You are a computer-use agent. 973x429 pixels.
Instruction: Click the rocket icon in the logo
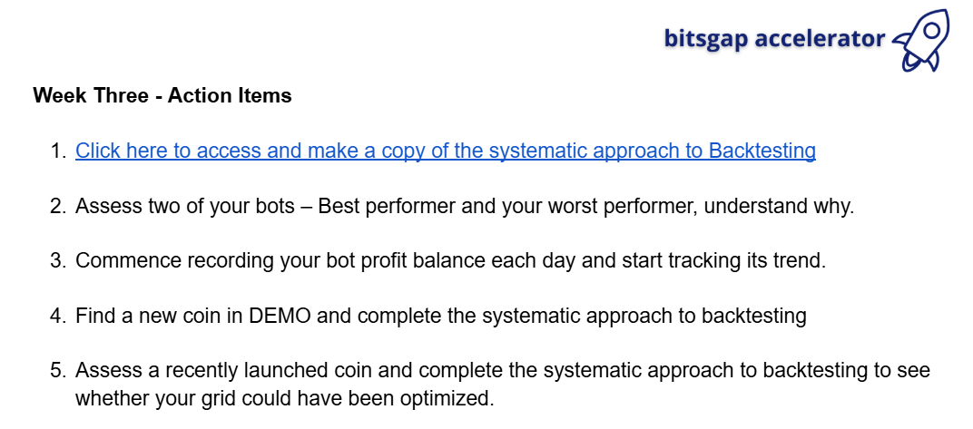coord(921,40)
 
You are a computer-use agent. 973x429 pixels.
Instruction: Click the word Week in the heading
coord(60,95)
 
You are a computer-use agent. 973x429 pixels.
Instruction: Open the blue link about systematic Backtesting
coord(446,151)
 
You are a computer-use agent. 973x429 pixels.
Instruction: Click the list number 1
coord(58,151)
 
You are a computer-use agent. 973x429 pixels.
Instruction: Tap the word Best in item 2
coord(339,206)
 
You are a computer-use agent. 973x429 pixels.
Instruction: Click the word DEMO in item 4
coord(280,317)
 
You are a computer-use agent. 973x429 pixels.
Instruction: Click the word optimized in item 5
coord(447,398)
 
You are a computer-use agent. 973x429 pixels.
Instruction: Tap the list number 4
coord(58,317)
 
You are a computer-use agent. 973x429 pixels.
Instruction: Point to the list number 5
coord(58,371)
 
